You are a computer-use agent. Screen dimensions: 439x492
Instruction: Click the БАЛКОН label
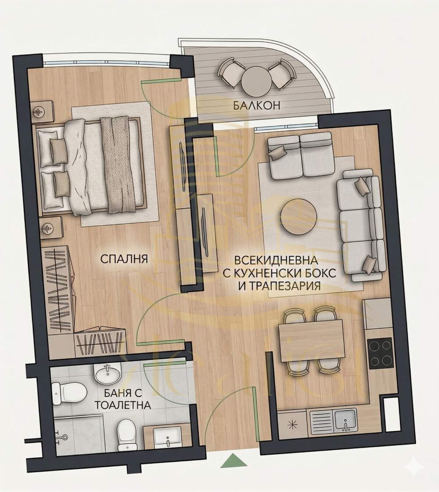257,105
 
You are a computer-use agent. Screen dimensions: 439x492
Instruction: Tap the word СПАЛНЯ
124,259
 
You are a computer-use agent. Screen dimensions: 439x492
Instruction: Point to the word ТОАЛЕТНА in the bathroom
123,405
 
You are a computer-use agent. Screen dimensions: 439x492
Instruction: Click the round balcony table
257,81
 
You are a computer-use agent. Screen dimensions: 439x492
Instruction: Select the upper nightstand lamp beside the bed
39,112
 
